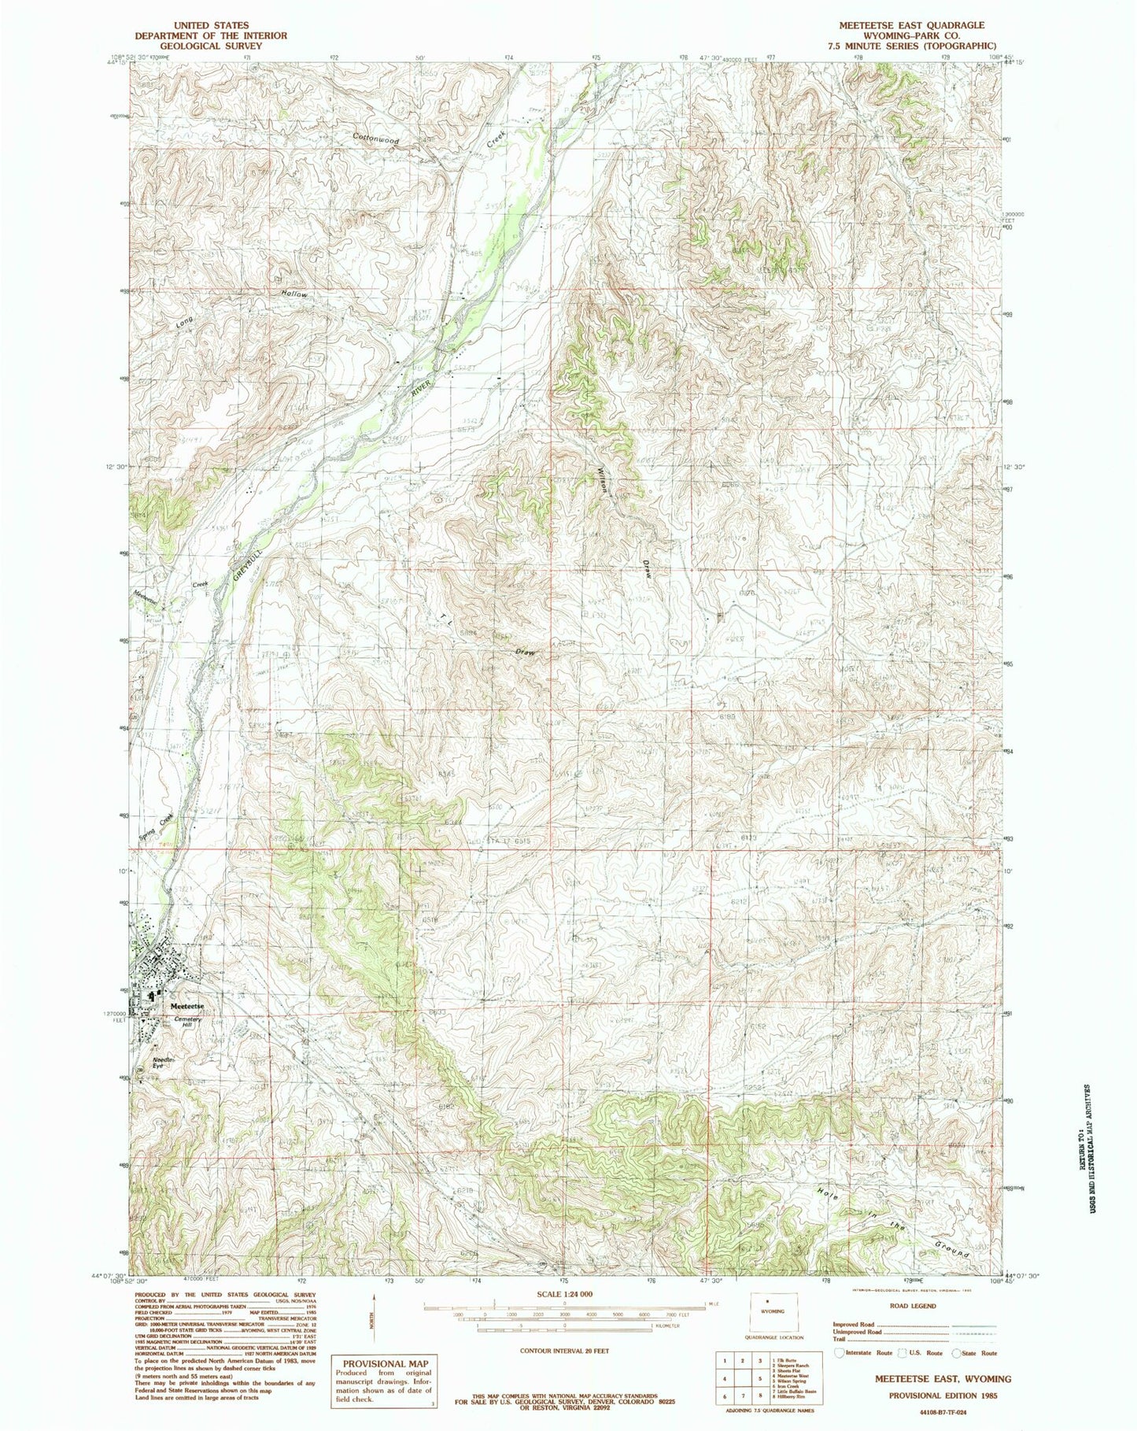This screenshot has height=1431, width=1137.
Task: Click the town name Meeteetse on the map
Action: coord(188,1006)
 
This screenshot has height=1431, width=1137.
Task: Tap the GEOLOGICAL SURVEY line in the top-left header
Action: coord(197,46)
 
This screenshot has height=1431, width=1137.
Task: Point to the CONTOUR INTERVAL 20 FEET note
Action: coord(563,1350)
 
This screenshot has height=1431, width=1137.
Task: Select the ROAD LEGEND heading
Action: coord(913,1306)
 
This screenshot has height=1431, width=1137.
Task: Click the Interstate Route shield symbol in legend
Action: coord(840,1352)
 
